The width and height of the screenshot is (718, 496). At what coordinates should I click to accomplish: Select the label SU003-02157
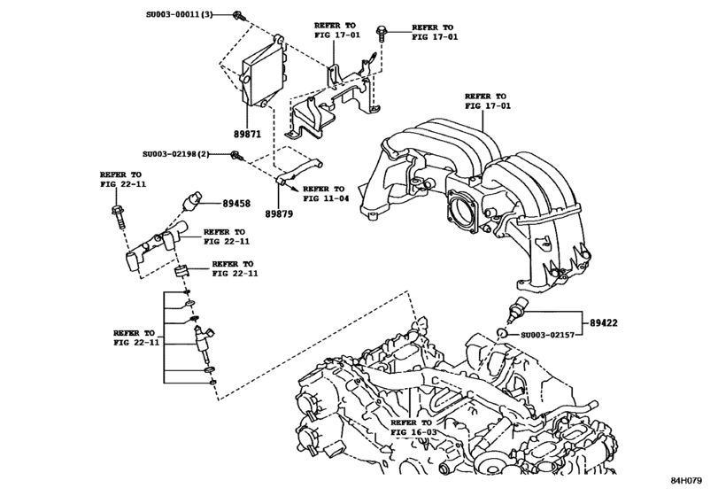click(548, 336)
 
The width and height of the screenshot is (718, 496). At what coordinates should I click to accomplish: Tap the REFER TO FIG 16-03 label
click(413, 430)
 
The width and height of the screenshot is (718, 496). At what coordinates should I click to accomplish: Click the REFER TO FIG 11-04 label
click(324, 194)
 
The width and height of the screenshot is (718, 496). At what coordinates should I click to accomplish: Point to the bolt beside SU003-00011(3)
click(239, 16)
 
